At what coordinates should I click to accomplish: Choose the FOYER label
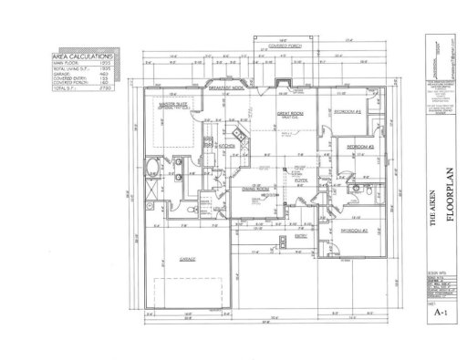[298, 180]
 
